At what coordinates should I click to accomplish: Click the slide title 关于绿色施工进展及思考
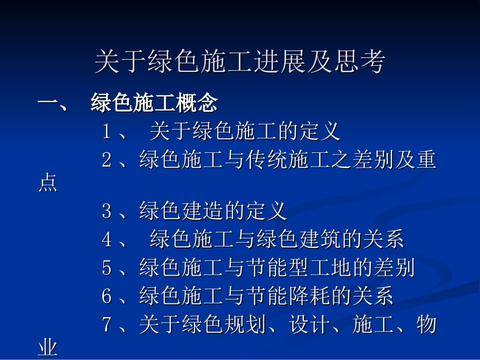[239, 62]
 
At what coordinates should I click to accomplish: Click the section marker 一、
[53, 104]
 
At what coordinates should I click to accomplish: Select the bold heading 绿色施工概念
[154, 104]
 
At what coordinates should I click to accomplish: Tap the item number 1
[107, 132]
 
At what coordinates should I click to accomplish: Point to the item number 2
[107, 161]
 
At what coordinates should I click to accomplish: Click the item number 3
[107, 211]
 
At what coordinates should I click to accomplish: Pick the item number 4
[107, 239]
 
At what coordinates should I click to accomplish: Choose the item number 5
[107, 268]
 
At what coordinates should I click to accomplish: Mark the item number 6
[107, 296]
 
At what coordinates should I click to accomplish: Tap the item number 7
[107, 324]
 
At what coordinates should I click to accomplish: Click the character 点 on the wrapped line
[48, 184]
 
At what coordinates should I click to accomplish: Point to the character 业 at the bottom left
[48, 348]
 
